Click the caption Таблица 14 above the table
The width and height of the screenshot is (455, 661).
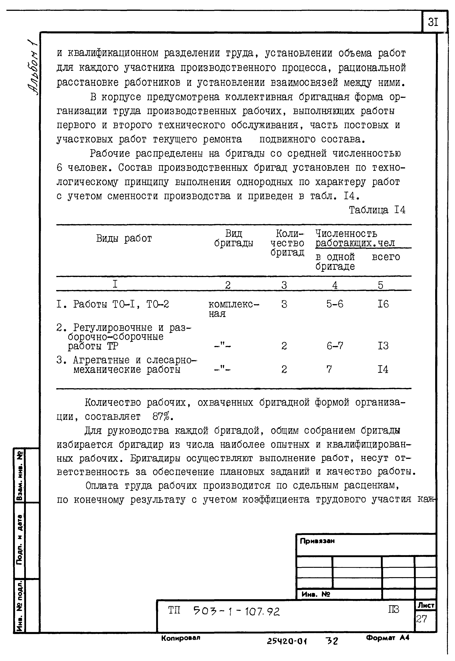click(x=377, y=210)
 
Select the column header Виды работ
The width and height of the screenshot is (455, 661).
click(x=124, y=238)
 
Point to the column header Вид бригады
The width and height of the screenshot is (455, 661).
click(x=234, y=238)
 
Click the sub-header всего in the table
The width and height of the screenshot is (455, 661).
click(x=386, y=257)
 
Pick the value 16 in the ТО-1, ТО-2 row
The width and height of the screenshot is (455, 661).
click(x=383, y=304)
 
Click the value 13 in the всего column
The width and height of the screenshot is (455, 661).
click(x=383, y=346)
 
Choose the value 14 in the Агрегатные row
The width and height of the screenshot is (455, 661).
click(x=383, y=369)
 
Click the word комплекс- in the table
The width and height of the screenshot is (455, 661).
click(x=234, y=304)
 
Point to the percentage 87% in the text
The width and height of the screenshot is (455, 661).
click(x=163, y=417)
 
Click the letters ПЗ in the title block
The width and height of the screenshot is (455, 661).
click(x=393, y=609)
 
